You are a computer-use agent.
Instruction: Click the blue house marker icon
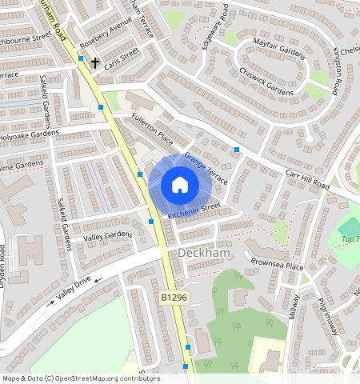tap(180, 186)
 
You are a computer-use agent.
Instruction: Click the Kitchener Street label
tap(194, 210)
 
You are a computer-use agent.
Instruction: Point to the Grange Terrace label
tap(206, 168)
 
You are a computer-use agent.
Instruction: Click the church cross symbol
tap(94, 62)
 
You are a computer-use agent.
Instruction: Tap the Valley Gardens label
tap(108, 235)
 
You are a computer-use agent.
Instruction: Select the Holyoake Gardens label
tap(30, 134)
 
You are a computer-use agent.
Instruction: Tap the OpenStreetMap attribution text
tap(80, 378)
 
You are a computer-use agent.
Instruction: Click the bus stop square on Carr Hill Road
tap(237, 150)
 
